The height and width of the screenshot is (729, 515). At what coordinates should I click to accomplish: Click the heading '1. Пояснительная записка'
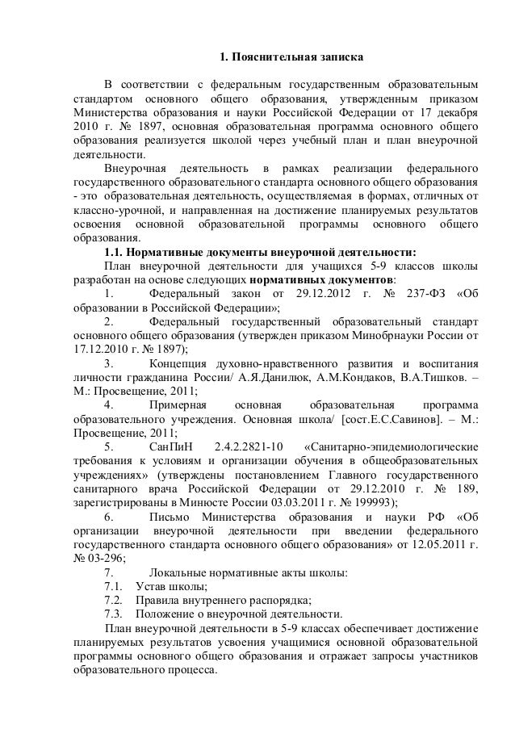pyautogui.click(x=293, y=58)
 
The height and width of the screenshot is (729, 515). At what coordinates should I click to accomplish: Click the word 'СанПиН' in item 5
pyautogui.click(x=172, y=446)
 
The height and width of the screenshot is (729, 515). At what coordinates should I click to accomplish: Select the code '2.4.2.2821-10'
pyautogui.click(x=250, y=446)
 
